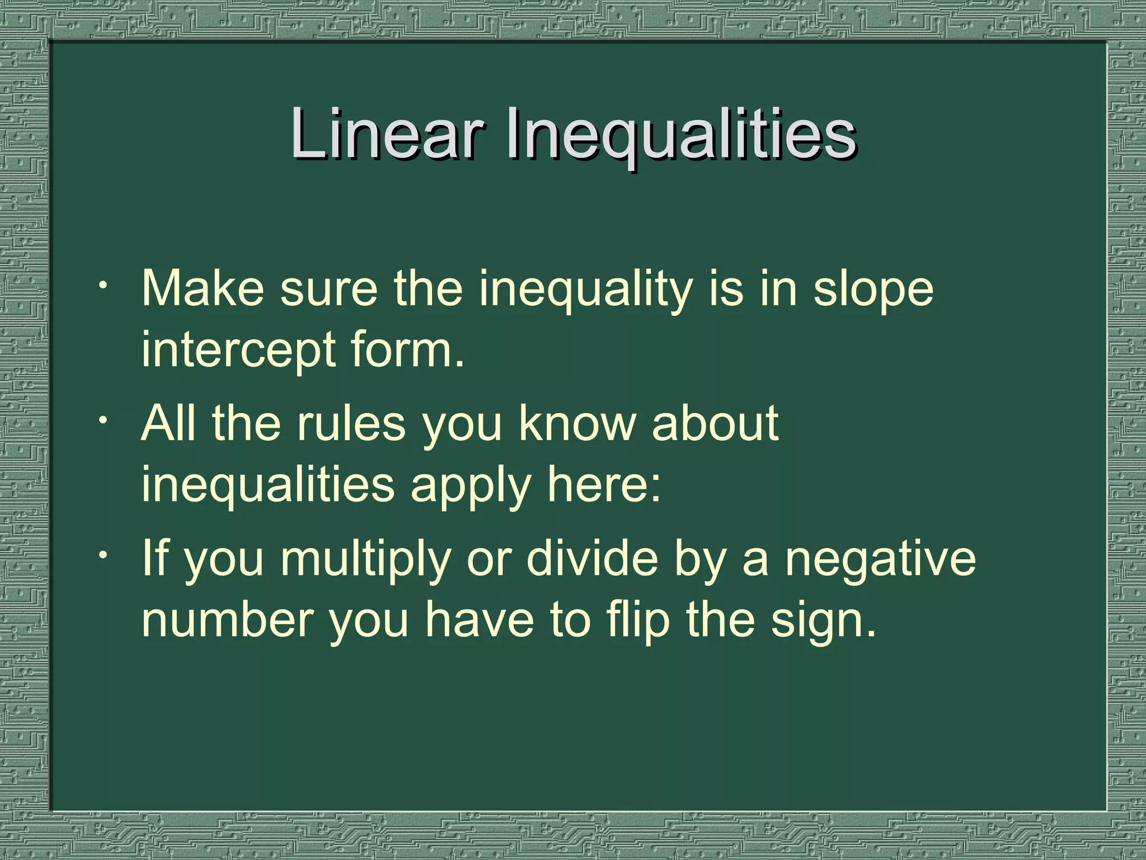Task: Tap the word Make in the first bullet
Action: (x=203, y=289)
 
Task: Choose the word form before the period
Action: (x=406, y=349)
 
